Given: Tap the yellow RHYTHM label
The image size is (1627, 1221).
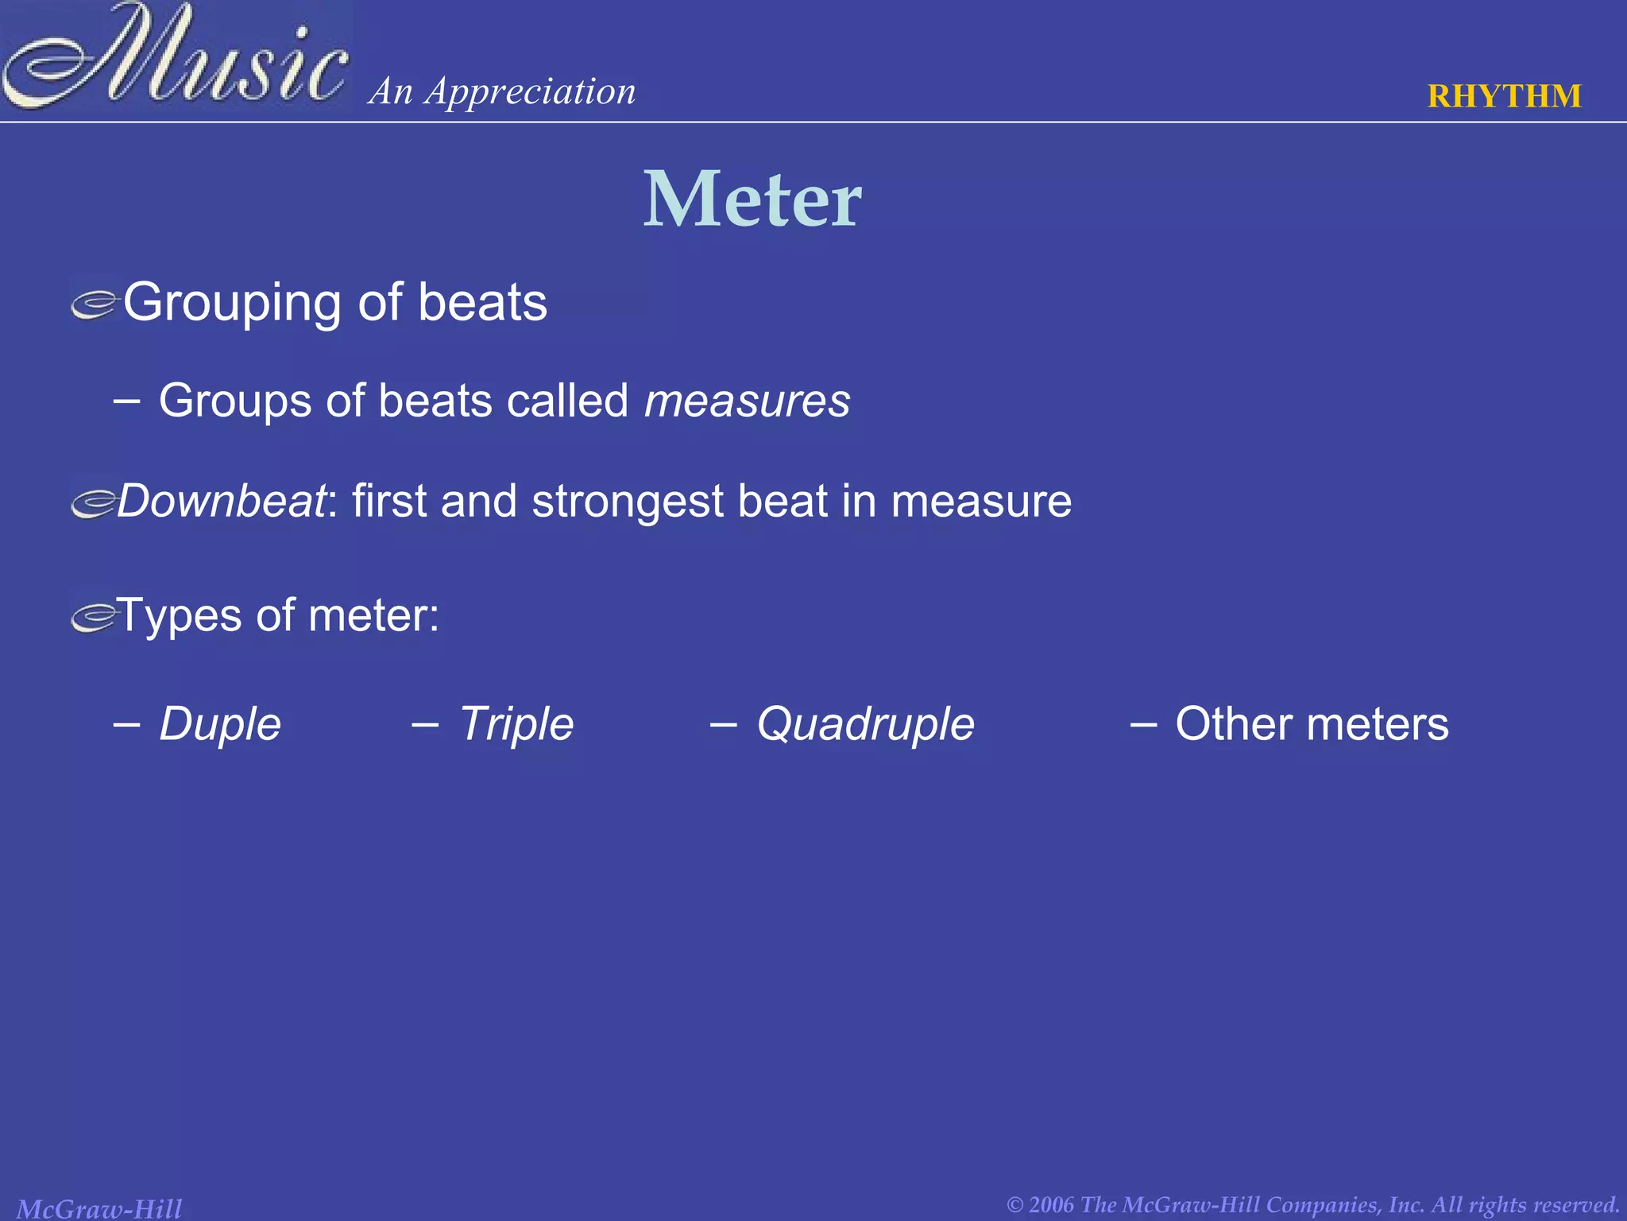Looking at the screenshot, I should click(x=1504, y=96).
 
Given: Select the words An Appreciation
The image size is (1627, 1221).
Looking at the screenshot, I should click(x=502, y=91).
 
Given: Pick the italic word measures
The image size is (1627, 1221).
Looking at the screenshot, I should click(x=747, y=400).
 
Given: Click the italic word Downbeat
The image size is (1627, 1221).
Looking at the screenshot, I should click(x=222, y=502).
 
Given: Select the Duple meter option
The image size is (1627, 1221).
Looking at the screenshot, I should click(x=220, y=724).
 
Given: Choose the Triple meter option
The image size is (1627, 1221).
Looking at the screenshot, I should click(x=516, y=724).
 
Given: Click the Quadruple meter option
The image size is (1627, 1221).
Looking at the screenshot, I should click(x=865, y=724).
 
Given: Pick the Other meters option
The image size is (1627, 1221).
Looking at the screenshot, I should click(x=1312, y=724).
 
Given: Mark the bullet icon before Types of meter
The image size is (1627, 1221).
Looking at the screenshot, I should click(x=94, y=618).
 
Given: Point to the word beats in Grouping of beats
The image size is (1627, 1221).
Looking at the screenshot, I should click(x=482, y=303).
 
